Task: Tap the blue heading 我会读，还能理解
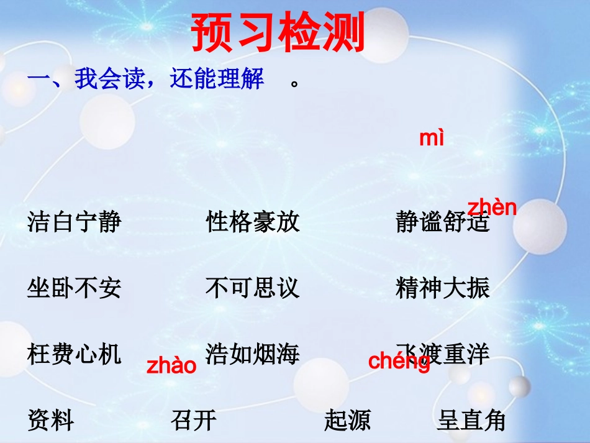click(x=147, y=80)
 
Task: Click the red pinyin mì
click(x=432, y=138)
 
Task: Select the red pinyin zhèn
click(x=492, y=208)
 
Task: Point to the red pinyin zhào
click(x=171, y=365)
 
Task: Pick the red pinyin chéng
click(x=399, y=362)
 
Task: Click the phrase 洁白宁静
click(x=74, y=222)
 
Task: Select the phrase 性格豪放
click(x=253, y=222)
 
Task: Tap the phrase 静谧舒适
click(x=442, y=222)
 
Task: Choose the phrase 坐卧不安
click(x=74, y=288)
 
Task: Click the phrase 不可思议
click(x=253, y=288)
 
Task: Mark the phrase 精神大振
click(x=442, y=288)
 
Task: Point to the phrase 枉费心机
click(x=74, y=355)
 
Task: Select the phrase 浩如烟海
click(x=253, y=355)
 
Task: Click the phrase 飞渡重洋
click(x=442, y=355)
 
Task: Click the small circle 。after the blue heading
click(x=295, y=84)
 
